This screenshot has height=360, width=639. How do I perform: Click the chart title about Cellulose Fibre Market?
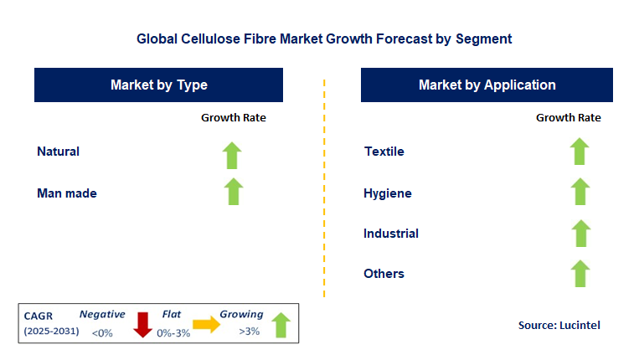pyautogui.click(x=323, y=39)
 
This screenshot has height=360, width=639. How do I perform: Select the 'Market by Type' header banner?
pyautogui.click(x=158, y=85)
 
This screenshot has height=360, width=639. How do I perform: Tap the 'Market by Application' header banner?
pyautogui.click(x=487, y=85)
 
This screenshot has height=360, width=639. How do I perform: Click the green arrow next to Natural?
pyautogui.click(x=232, y=155)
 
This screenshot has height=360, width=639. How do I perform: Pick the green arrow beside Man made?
pyautogui.click(x=234, y=192)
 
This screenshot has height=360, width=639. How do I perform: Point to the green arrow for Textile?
pyautogui.click(x=580, y=152)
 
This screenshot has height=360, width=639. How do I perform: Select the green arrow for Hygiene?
pyautogui.click(x=580, y=192)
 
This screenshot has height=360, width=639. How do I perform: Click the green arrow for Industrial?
pyautogui.click(x=580, y=233)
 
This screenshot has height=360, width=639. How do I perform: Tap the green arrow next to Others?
pyautogui.click(x=580, y=273)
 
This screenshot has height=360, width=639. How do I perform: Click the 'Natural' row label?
pyautogui.click(x=58, y=152)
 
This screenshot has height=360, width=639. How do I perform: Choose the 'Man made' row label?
pyautogui.click(x=67, y=193)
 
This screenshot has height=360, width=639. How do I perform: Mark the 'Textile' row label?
pyautogui.click(x=384, y=152)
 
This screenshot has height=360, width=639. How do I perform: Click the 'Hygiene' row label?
pyautogui.click(x=387, y=193)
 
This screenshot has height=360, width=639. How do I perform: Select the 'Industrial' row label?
pyautogui.click(x=391, y=234)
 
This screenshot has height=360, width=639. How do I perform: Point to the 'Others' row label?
pyautogui.click(x=384, y=274)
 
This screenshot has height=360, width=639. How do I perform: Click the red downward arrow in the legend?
pyautogui.click(x=143, y=324)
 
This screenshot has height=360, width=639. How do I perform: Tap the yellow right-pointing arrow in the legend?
pyautogui.click(x=206, y=325)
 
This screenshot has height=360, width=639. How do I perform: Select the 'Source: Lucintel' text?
pyautogui.click(x=559, y=325)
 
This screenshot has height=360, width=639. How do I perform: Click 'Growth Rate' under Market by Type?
pyautogui.click(x=234, y=118)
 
